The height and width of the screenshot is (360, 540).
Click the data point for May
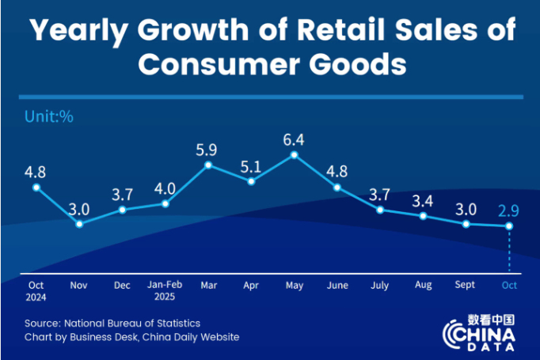pos(295,155)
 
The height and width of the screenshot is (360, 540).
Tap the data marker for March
pos(208,165)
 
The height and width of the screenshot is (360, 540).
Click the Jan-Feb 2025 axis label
pos(165,290)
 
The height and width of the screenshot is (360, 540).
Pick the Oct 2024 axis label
pos(36,290)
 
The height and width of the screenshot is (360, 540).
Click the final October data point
pos(509,226)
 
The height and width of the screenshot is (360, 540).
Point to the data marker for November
pos(79,224)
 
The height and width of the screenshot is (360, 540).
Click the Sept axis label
pos(466,285)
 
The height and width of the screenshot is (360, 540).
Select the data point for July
pos(380,210)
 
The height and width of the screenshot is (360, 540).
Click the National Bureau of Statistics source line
pos(112,323)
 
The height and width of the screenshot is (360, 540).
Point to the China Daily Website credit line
pos(131,338)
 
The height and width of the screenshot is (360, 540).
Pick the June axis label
pos(337,285)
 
